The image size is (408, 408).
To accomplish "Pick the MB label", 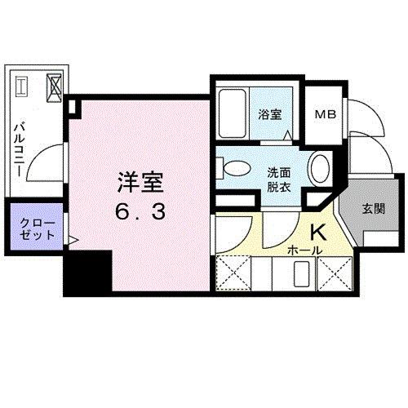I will (325, 115).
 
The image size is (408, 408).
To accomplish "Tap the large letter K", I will (316, 231).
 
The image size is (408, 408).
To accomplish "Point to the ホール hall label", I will (307, 250).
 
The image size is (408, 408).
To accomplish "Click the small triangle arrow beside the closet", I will (73, 241).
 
